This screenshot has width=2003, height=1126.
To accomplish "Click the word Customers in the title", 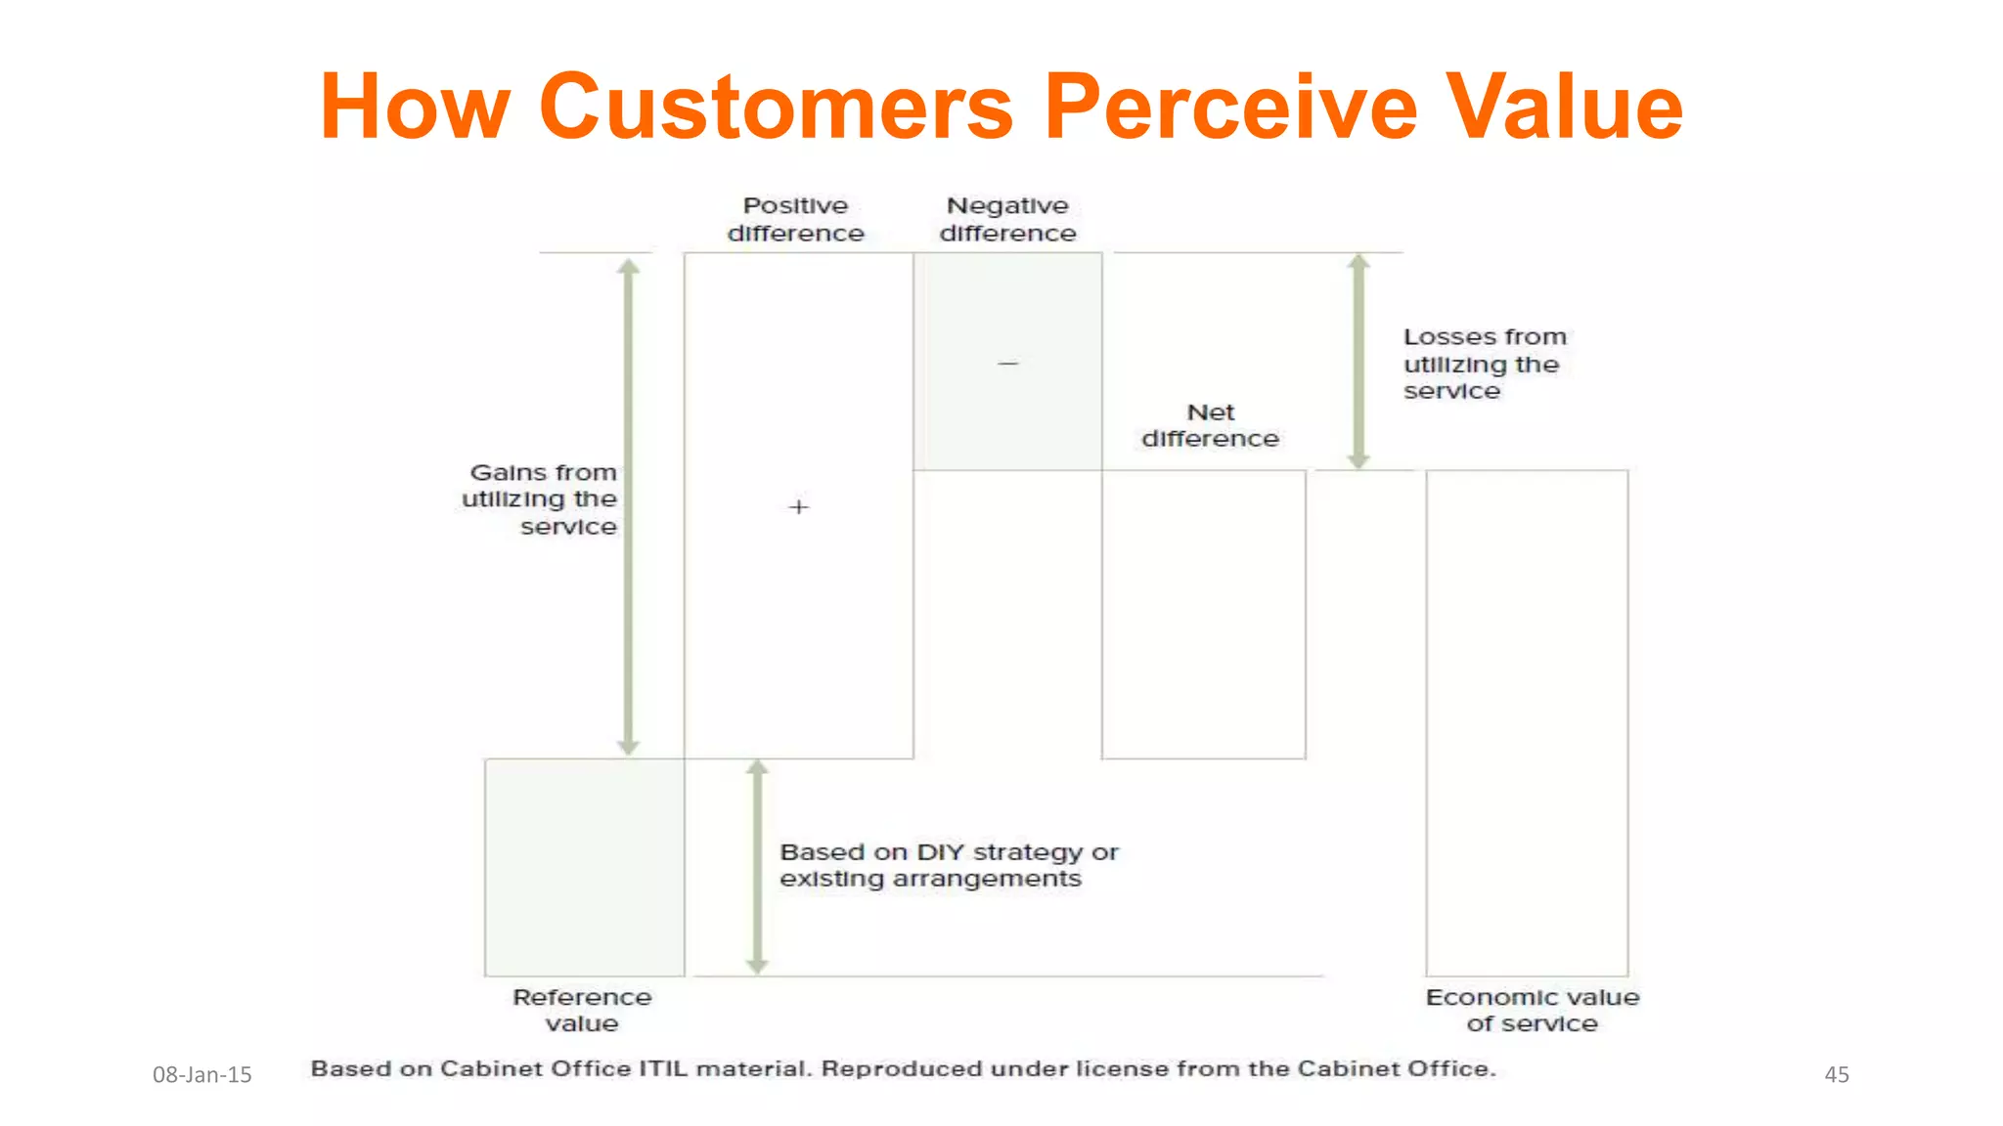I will click(776, 108).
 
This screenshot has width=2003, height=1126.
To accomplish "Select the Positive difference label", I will click(795, 220).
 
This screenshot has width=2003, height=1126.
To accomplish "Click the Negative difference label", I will click(1007, 220).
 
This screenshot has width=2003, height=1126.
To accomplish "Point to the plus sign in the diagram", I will click(798, 507).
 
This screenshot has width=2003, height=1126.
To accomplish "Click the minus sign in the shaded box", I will click(1007, 364).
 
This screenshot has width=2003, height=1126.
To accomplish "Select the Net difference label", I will click(1210, 426).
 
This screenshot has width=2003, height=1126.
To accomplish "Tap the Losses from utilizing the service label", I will click(1484, 364).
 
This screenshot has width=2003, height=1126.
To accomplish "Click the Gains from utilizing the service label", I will click(541, 499).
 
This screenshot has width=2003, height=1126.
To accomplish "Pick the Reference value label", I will click(582, 1011).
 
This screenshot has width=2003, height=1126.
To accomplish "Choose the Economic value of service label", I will click(1532, 1011).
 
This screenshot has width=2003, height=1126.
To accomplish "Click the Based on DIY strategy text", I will click(948, 865).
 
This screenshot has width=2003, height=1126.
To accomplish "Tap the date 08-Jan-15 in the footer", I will click(202, 1075).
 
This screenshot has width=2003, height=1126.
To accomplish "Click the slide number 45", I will click(1837, 1075).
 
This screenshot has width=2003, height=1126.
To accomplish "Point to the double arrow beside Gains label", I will click(629, 506).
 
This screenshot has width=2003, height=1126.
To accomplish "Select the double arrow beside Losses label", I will click(1358, 362).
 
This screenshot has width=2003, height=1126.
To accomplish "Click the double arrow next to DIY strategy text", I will click(757, 867).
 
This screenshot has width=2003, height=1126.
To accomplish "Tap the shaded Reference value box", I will click(584, 867).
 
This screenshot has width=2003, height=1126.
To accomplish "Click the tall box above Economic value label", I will click(1527, 722).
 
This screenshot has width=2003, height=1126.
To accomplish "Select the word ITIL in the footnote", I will click(664, 1068).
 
